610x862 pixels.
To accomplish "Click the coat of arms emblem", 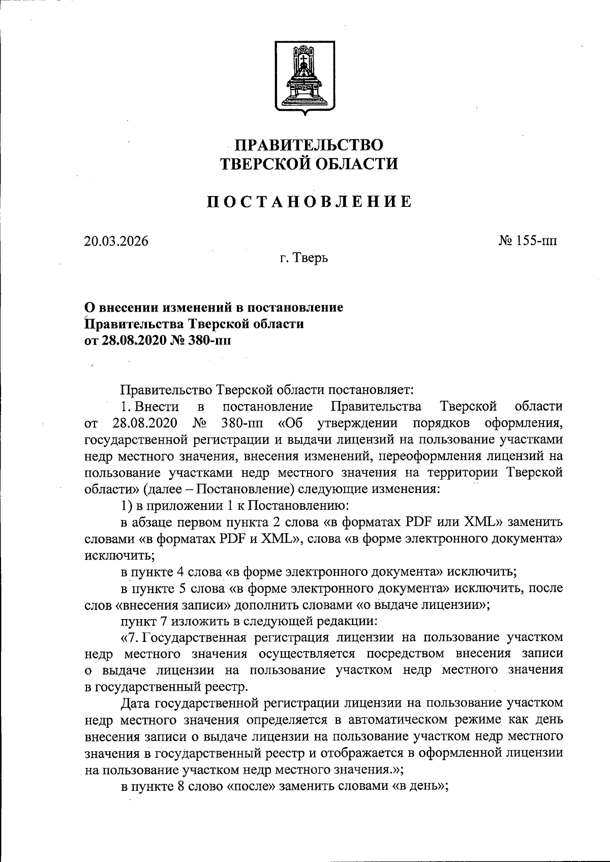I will pos(304,77).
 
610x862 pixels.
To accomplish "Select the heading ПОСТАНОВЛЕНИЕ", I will pos(309,202).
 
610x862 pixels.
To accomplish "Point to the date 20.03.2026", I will pos(116,241).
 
